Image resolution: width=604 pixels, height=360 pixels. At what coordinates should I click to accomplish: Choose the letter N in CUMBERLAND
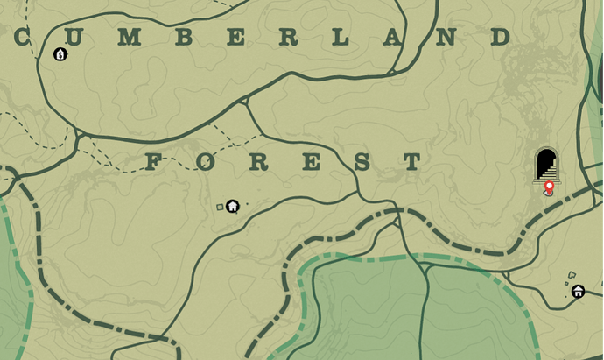(446, 37)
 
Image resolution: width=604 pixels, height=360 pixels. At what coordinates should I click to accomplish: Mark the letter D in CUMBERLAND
(500, 37)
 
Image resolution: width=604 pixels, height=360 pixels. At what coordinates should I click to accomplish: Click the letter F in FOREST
(154, 162)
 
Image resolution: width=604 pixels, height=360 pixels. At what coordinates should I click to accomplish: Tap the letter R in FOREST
(257, 162)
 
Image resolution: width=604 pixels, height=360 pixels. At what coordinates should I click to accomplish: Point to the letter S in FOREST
(362, 162)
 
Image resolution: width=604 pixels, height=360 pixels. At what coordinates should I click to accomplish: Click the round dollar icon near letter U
(60, 54)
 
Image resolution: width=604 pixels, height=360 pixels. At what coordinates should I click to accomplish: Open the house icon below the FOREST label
(233, 207)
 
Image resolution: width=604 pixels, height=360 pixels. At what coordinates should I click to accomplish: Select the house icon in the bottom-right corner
(579, 291)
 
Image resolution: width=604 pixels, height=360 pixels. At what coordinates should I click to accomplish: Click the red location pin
(549, 187)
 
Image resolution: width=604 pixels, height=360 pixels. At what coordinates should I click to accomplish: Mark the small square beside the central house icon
(220, 207)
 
